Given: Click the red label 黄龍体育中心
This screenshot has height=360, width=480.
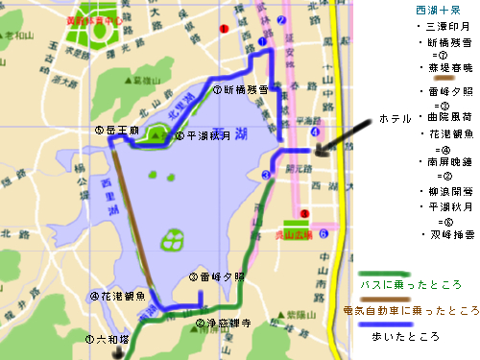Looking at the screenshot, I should pos(95,18).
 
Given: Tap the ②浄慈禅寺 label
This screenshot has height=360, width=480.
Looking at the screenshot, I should pos(223,324).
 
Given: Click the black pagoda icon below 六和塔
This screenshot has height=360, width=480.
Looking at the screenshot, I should pos(118,351).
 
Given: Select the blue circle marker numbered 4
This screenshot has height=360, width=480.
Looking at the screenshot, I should pos(316,132).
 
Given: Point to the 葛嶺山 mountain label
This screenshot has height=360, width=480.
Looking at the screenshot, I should pos(149,84).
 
